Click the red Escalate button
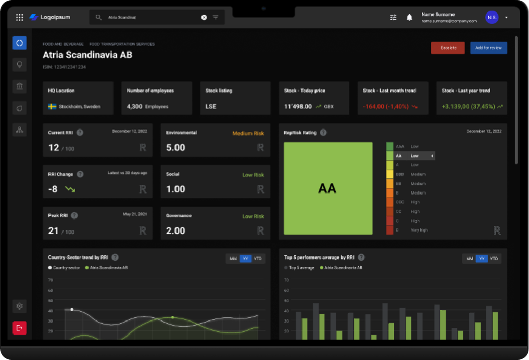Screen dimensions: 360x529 (x=448, y=48)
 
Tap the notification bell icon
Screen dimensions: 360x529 (x=409, y=17)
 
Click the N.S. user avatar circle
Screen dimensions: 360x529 (x=492, y=17)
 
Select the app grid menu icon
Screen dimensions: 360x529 (x=19, y=17)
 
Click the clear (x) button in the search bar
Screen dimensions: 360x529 (x=204, y=17)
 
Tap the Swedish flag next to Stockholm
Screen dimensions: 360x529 (x=52, y=106)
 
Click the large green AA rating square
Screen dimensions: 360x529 (x=328, y=188)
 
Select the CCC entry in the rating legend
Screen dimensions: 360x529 (x=400, y=202)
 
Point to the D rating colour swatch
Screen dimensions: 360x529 (x=389, y=230)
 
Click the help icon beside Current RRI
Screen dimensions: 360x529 (x=80, y=133)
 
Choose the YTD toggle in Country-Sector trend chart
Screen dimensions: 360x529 (x=258, y=259)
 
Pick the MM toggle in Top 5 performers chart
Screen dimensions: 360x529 (x=469, y=259)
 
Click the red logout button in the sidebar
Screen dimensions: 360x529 (x=19, y=328)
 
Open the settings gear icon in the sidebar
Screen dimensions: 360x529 (x=19, y=306)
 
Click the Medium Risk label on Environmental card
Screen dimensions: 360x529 (x=248, y=133)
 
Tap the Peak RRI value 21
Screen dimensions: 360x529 (x=53, y=230)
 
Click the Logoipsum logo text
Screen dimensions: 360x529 (x=55, y=17)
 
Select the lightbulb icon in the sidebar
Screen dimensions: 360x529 (x=19, y=65)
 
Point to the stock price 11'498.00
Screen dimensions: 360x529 (x=298, y=106)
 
